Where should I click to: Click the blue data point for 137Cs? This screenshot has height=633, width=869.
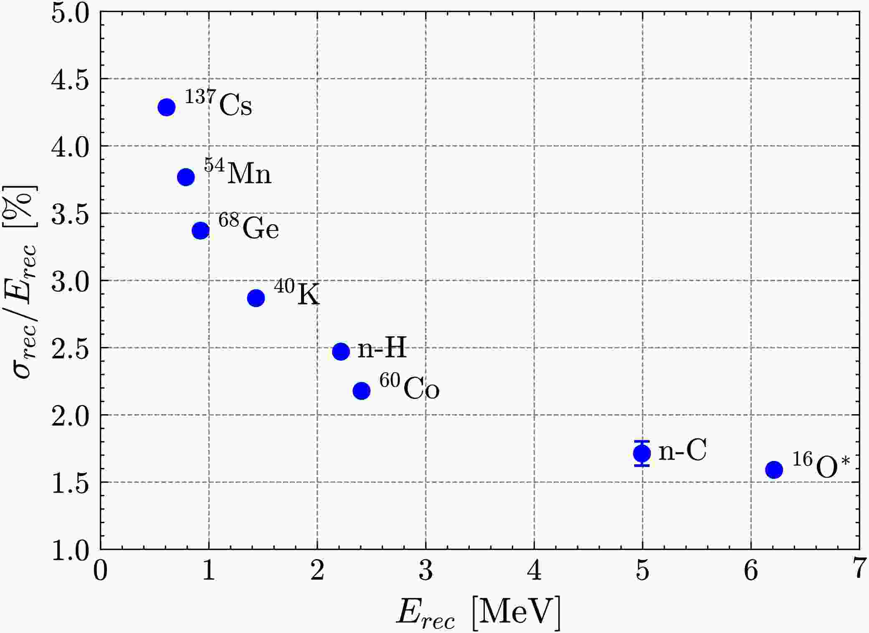point(166,107)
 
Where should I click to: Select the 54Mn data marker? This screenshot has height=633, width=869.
point(186,177)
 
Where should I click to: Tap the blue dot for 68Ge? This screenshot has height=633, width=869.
point(200,230)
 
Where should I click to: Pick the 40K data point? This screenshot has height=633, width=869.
point(256,298)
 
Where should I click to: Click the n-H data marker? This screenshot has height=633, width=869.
point(341,352)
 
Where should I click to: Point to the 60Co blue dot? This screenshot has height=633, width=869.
point(362,391)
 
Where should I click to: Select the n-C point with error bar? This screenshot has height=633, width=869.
point(642,453)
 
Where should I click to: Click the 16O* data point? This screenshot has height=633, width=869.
point(774,470)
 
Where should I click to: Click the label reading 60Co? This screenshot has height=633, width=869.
point(409,387)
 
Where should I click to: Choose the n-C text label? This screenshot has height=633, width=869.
point(682,451)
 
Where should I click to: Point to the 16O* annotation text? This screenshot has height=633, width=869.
point(821,466)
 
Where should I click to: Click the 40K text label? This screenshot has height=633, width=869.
point(296,293)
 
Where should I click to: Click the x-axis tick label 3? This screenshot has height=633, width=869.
point(426,571)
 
